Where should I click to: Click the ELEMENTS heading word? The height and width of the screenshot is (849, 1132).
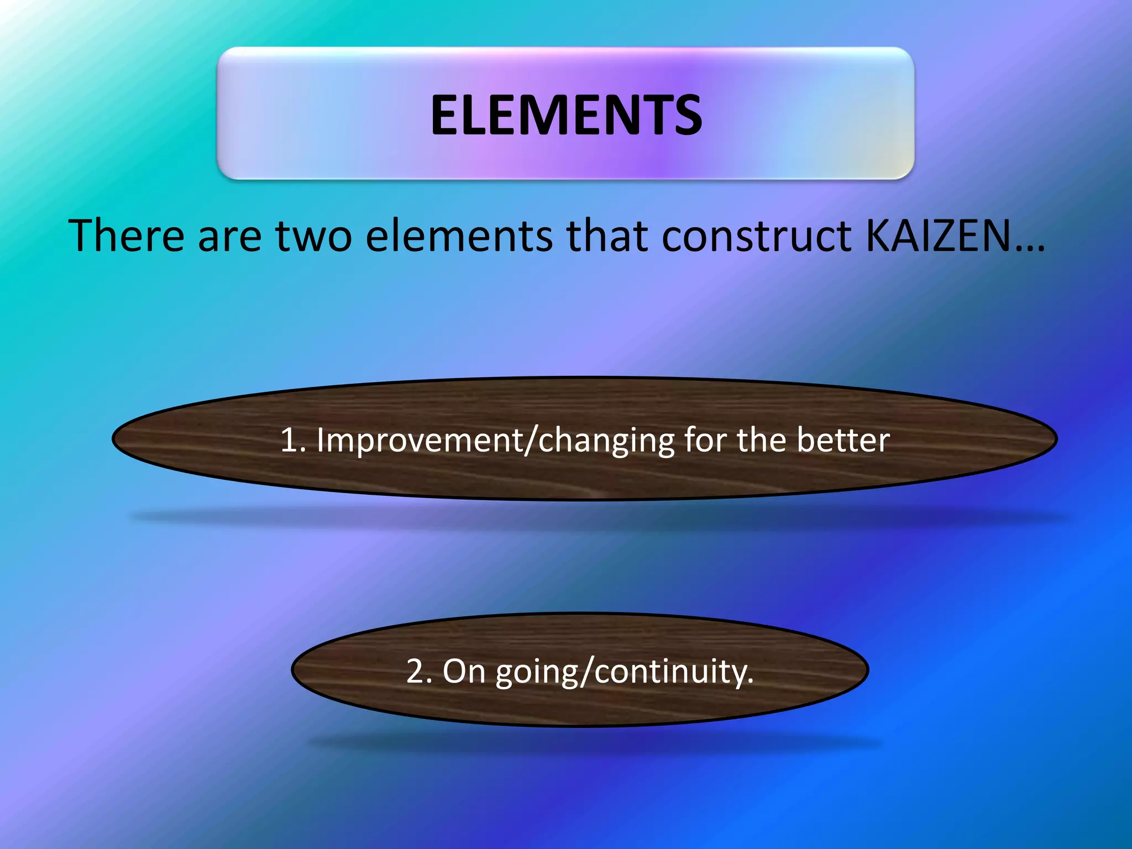click(566, 114)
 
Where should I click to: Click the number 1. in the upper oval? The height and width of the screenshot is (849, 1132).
click(292, 441)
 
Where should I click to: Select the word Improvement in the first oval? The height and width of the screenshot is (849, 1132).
click(419, 441)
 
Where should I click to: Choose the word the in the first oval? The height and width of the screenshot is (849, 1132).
click(761, 441)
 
